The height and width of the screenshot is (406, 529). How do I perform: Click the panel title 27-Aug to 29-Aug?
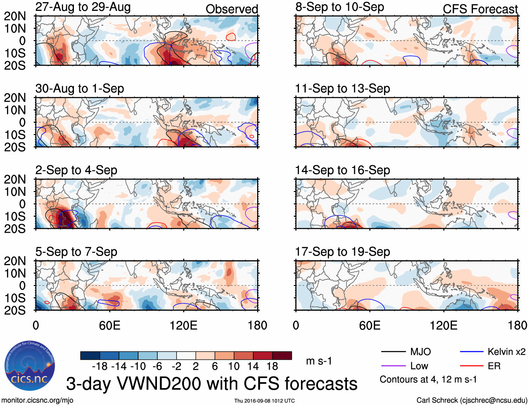point(83,7)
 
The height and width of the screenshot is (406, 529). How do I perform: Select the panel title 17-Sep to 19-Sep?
point(343,252)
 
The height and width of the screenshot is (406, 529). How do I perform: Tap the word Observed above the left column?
point(232,9)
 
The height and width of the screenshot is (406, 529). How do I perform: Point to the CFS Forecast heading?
point(480,9)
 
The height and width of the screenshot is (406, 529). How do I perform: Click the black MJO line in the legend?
point(393,352)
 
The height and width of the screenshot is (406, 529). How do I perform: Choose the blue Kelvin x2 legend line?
point(472,352)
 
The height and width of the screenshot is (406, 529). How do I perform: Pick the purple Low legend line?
point(393,366)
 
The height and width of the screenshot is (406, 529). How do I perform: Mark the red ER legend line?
point(472,366)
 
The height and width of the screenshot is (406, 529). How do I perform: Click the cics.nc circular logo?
point(29,366)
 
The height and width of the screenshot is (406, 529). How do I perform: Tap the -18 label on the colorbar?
point(99,366)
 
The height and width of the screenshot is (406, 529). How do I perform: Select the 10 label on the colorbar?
point(234,366)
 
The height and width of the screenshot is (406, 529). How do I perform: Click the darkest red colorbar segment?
point(282,356)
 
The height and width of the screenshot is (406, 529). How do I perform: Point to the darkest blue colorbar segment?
point(90,356)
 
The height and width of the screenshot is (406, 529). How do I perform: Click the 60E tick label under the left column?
point(110,325)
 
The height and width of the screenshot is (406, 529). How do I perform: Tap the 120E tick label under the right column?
point(444,325)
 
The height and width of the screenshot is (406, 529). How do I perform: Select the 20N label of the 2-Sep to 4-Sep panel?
point(15,180)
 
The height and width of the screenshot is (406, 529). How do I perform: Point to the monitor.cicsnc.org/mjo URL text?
point(37,400)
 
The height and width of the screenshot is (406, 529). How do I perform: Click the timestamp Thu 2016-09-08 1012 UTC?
point(264,401)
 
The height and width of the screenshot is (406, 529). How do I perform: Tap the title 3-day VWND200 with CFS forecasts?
point(212,384)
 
